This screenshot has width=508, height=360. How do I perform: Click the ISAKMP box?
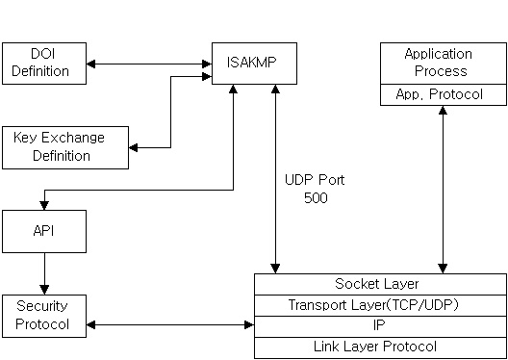[x=254, y=64]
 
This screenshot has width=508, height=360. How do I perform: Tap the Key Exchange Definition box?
[x=64, y=146]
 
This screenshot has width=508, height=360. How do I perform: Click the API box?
[x=43, y=232]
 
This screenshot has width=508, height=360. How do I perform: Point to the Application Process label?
[x=438, y=63]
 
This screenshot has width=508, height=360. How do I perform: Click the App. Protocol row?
[x=438, y=94]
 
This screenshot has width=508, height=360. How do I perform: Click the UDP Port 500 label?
[x=314, y=189]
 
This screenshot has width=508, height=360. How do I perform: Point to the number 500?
[x=315, y=198]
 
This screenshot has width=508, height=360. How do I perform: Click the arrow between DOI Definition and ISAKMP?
[x=148, y=64]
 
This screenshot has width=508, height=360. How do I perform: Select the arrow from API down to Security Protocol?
[x=43, y=273]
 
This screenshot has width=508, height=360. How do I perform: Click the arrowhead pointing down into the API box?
[x=43, y=204]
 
